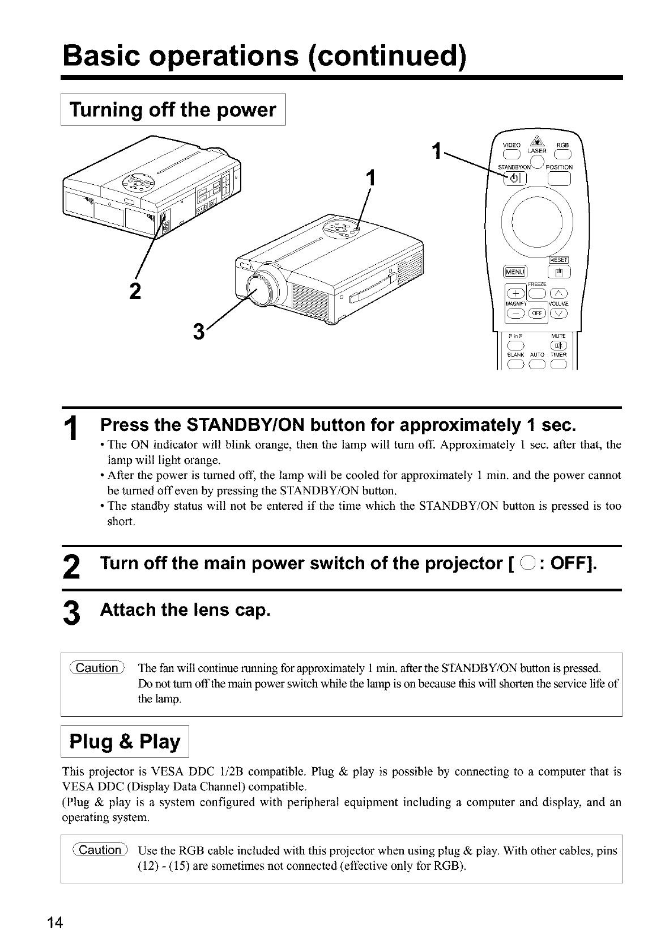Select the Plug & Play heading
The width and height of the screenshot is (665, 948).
125,742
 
